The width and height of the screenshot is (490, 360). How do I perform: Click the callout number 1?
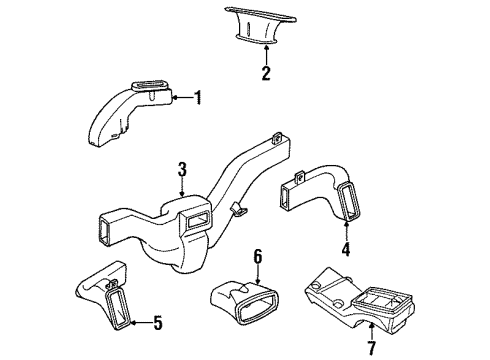[198, 97]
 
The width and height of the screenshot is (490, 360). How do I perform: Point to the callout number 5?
[157, 323]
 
